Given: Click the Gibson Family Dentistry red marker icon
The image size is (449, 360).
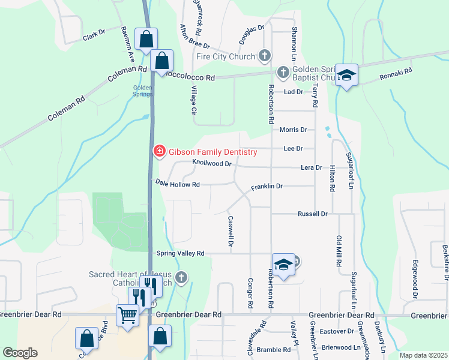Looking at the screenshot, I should (159, 151).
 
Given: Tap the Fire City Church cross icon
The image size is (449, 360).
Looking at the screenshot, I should (264, 56).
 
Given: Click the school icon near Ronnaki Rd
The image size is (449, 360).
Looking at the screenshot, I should (346, 75).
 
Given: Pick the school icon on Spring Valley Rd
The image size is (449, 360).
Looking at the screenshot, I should (283, 264).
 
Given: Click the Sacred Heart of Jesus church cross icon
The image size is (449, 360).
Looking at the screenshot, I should (182, 278).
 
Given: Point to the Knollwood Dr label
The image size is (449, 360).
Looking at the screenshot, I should (212, 163).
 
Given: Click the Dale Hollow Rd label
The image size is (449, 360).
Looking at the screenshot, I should (177, 184).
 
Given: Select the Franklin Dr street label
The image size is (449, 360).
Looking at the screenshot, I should (267, 187).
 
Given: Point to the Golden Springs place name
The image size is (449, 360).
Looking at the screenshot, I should (142, 91).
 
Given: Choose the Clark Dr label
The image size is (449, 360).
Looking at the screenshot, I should (94, 36).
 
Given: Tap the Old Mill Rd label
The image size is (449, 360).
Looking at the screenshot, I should (339, 251).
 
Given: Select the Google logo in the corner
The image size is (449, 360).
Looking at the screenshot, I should (20, 352).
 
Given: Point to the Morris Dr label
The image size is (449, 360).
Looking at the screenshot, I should (293, 130).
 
